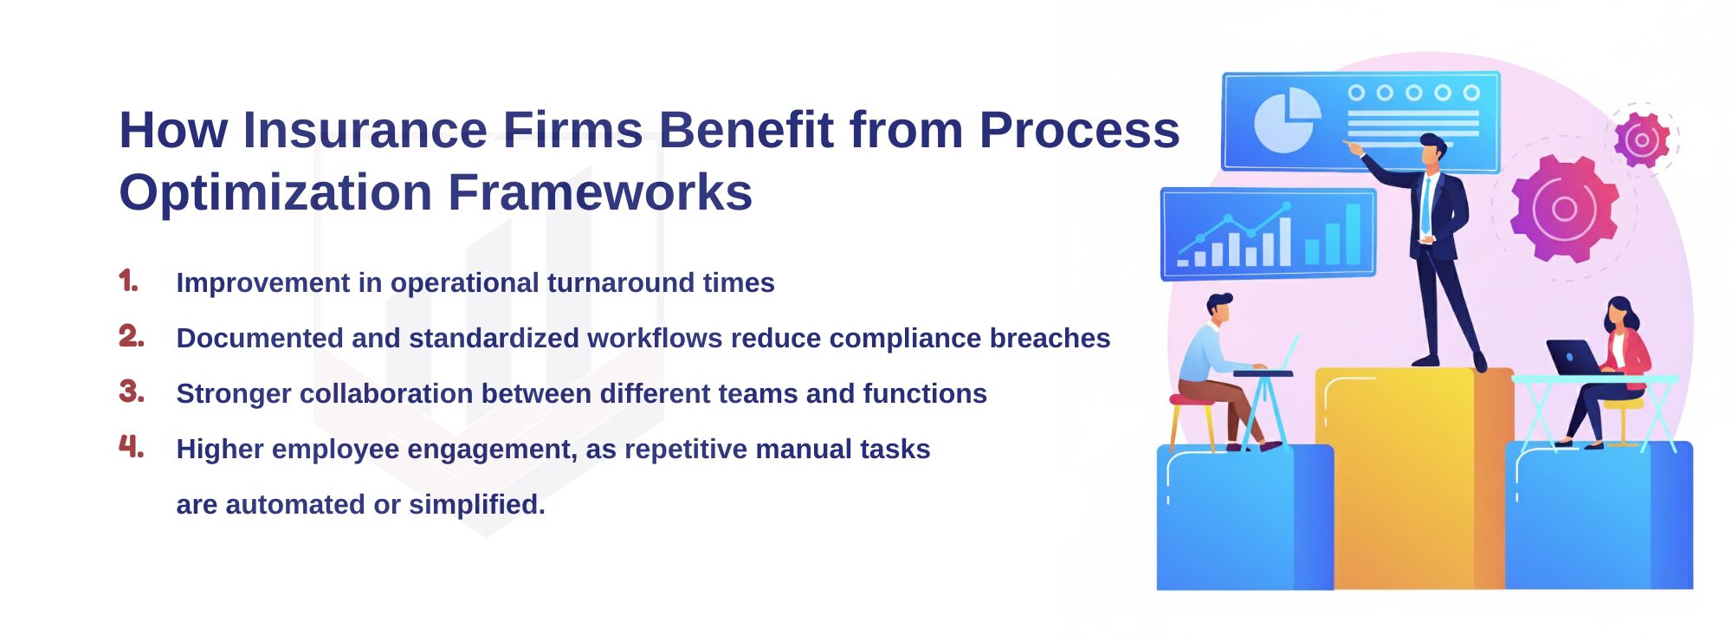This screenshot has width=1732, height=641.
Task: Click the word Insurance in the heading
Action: (364, 130)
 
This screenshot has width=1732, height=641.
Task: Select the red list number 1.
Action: (128, 282)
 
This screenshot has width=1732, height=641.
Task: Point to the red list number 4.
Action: (131, 447)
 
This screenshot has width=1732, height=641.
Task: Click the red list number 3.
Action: (131, 392)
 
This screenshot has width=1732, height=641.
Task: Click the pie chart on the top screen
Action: (1287, 121)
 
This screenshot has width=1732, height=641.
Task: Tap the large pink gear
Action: (1564, 209)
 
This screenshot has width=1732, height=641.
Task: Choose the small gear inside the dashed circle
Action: (1641, 139)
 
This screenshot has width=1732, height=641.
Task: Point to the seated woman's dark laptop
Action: (1573, 357)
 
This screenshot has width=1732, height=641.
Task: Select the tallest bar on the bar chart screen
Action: (1353, 233)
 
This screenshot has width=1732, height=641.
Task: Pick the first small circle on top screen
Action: (1356, 93)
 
